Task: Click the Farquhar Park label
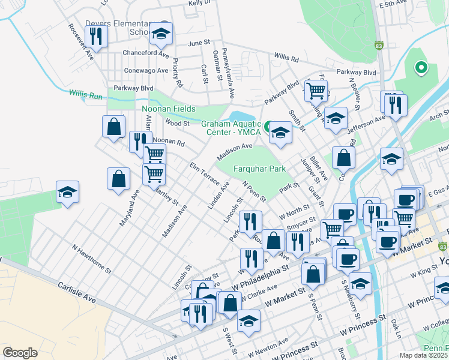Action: pos(259,169)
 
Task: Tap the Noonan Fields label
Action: pos(169,109)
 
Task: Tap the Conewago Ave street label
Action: pos(146,70)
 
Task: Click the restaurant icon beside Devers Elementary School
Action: pos(96,37)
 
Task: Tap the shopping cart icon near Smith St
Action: pos(315,91)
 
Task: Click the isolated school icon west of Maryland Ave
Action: pos(67,192)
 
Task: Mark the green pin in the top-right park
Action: pos(421,67)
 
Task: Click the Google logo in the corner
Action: pos(20,352)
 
